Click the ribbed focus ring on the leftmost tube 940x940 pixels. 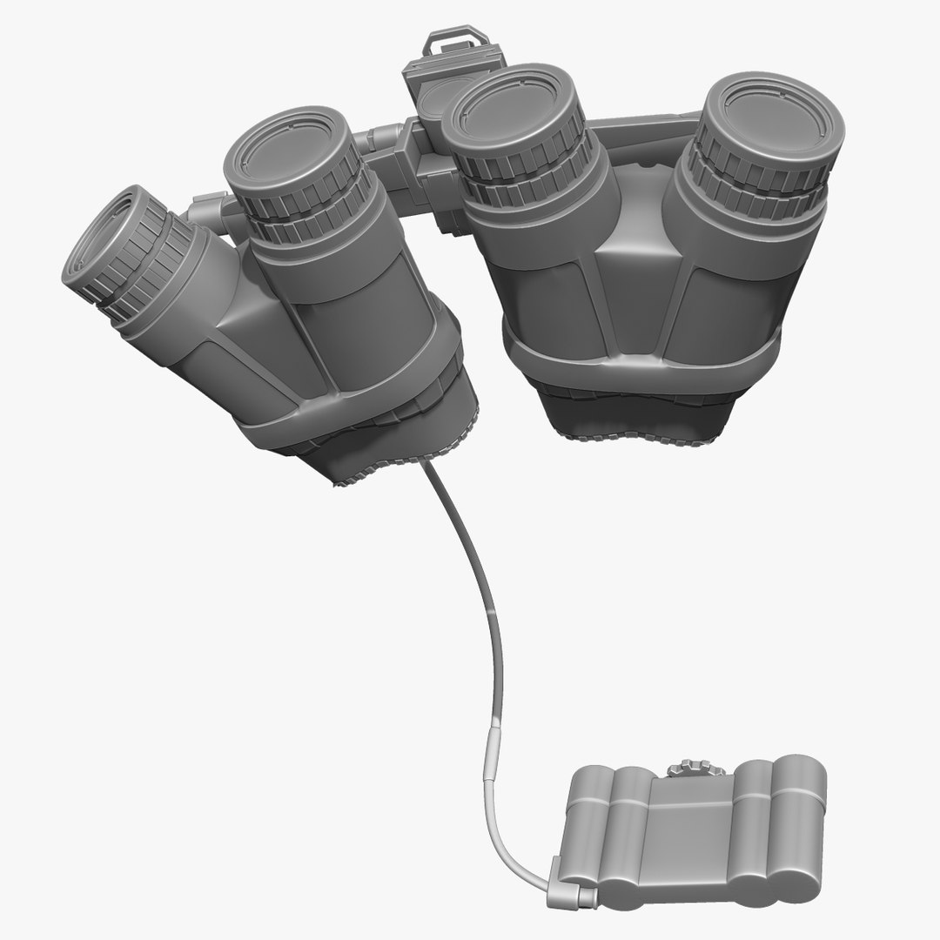pyautogui.click(x=139, y=261)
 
